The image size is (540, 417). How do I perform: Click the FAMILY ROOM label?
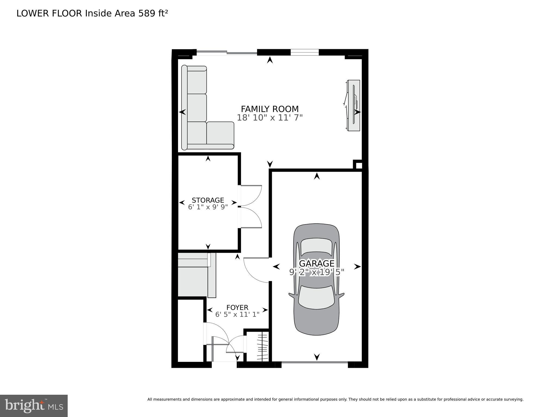pyautogui.click(x=270, y=109)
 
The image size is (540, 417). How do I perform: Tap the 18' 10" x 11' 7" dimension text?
pyautogui.click(x=270, y=118)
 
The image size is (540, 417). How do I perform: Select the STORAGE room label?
pyautogui.click(x=208, y=200)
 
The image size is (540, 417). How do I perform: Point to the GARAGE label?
pyautogui.click(x=317, y=263)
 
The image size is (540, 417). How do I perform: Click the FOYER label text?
pyautogui.click(x=237, y=308)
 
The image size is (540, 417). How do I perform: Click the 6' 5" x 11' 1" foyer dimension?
pyautogui.click(x=237, y=315)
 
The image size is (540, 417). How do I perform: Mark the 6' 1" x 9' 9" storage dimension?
pyautogui.click(x=208, y=207)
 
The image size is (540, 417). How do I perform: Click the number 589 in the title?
pyautogui.click(x=147, y=14)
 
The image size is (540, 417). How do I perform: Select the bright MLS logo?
pyautogui.click(x=34, y=406)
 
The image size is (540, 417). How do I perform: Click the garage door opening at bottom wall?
pyautogui.click(x=314, y=362)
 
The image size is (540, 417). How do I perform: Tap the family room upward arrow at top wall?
pyautogui.click(x=270, y=60)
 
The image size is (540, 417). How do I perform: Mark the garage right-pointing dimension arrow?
pyautogui.click(x=357, y=267)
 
